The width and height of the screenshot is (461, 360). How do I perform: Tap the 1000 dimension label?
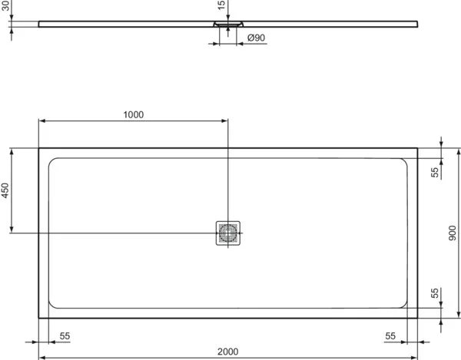(133, 114)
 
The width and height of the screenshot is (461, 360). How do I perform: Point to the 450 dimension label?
(5, 191)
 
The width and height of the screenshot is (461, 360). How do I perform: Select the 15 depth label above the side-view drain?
(222, 5)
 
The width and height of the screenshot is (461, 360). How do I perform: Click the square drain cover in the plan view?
(228, 233)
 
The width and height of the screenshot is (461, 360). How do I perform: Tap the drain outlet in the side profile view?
(228, 25)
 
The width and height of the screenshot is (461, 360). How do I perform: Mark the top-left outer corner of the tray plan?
(39, 148)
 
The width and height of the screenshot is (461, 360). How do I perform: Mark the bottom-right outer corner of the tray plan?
(418, 318)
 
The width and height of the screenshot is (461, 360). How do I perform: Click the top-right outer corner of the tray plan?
(418, 148)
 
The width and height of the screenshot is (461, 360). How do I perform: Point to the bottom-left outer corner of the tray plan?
(39, 318)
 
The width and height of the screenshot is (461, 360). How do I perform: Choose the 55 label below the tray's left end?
(65, 335)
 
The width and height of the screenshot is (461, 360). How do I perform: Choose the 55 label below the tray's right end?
(390, 335)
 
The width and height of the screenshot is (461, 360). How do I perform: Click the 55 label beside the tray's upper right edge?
(435, 173)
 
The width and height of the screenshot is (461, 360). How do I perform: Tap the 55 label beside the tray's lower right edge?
(435, 293)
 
